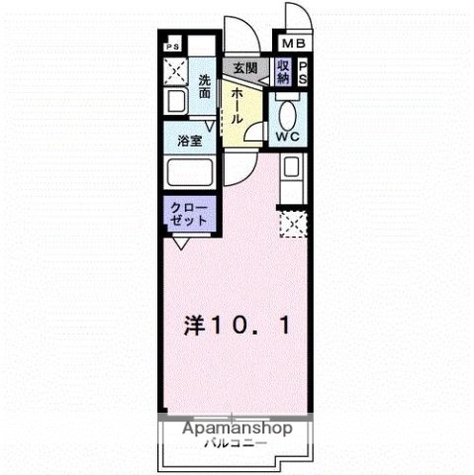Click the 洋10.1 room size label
237,324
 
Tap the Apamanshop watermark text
237,430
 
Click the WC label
288,137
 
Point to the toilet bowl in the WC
289,111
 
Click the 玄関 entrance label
244,68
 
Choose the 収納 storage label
283,71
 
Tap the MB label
295,44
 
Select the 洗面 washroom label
204,85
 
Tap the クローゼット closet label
187,215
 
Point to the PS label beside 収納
303,72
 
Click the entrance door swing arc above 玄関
242,35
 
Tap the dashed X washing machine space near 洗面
175,71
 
